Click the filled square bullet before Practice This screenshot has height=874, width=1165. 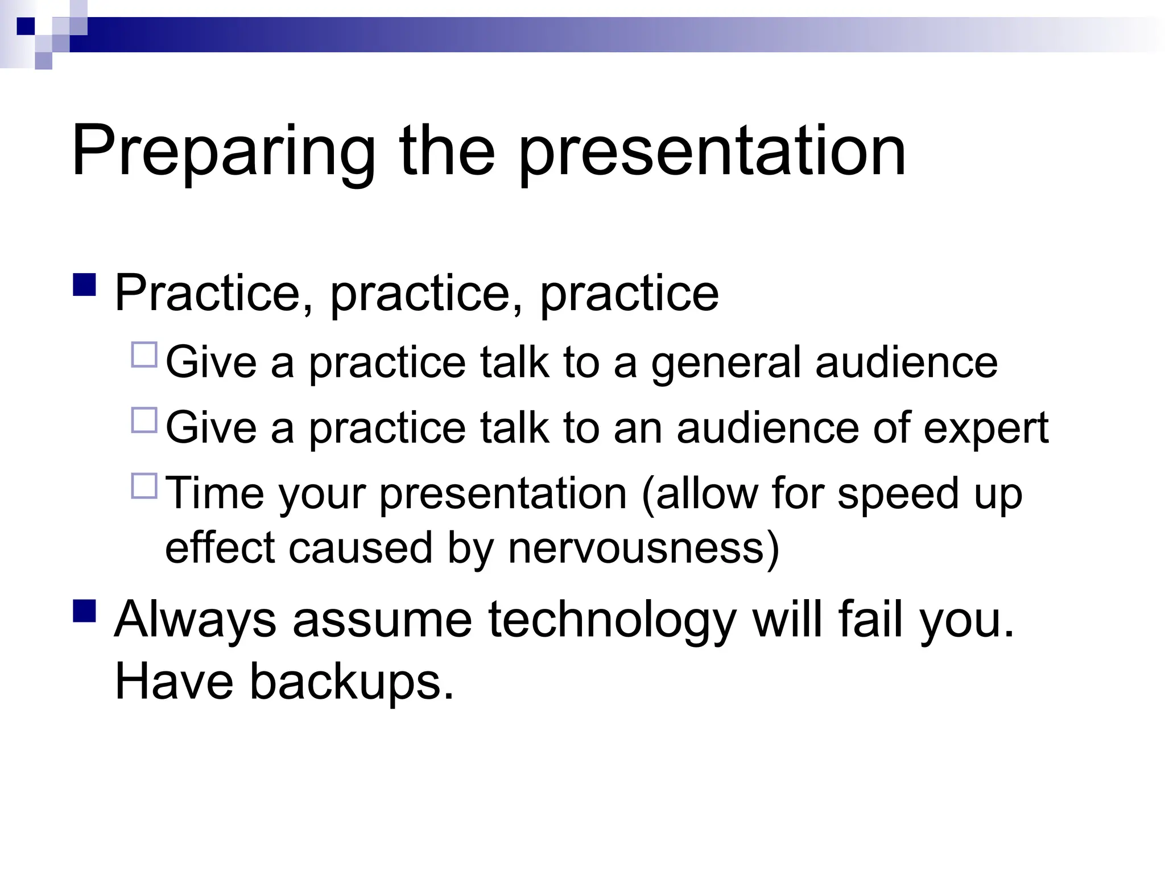tap(85, 285)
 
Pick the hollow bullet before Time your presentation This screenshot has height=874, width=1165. tap(144, 486)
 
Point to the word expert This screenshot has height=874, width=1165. tap(986, 428)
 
